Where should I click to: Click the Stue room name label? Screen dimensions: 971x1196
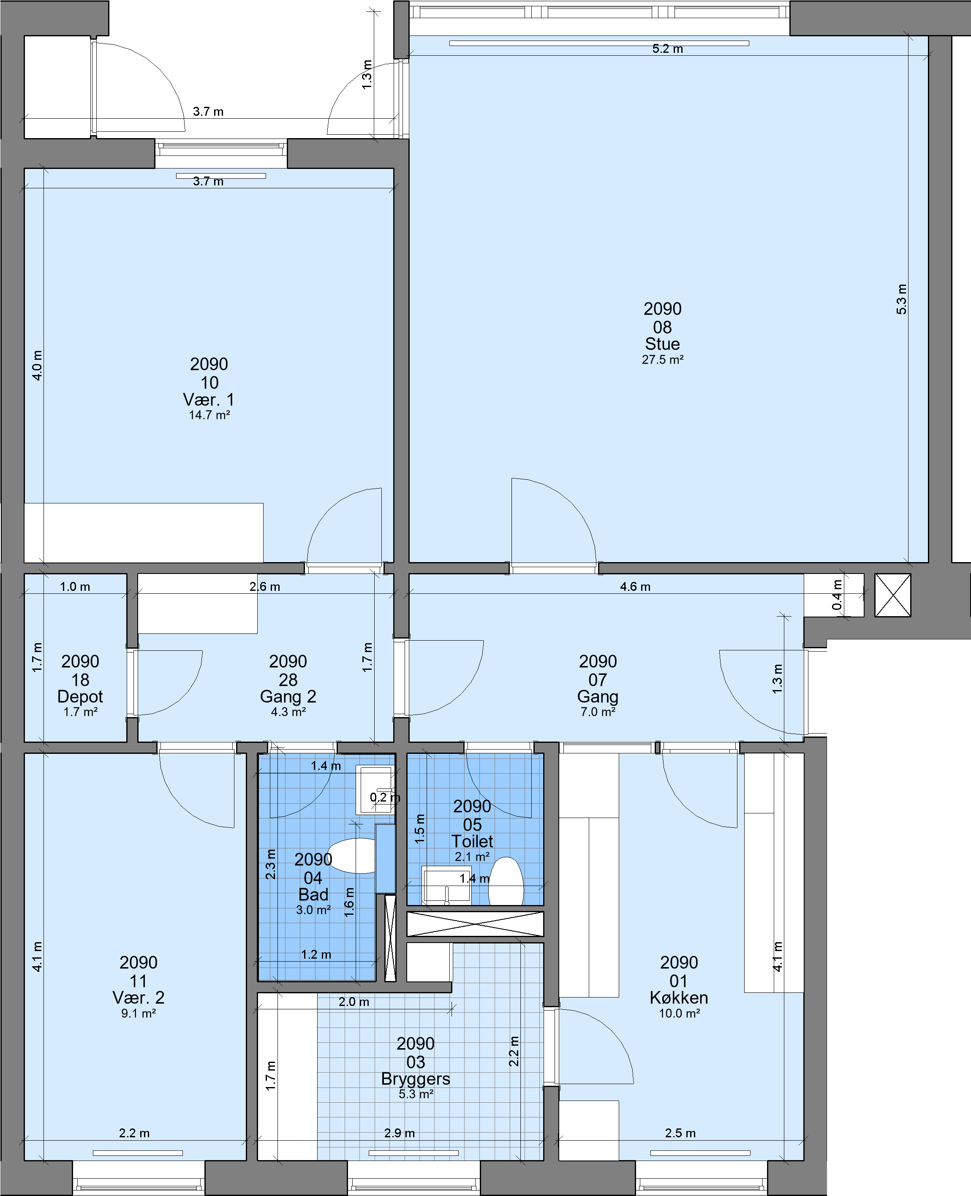662,344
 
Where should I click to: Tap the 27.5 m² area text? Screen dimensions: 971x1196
662,359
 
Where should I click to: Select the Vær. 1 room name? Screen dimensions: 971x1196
209,399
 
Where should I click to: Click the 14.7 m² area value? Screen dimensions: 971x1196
209,415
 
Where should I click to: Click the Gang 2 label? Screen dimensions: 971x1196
288,697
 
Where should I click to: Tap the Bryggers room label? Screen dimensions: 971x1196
416,1079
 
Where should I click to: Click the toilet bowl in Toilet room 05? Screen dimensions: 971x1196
506,881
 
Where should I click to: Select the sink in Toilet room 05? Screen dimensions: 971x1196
446,885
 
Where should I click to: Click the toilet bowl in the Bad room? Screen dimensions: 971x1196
352,856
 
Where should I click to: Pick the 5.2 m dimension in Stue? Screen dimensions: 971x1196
667,49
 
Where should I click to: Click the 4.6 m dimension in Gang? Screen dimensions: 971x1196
635,587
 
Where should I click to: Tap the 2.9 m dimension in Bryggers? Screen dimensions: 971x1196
400,1133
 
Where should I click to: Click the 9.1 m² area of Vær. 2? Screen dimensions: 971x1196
138,1013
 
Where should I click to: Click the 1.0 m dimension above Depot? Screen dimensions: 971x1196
75,587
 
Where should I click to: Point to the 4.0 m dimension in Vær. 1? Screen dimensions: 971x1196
37,365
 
